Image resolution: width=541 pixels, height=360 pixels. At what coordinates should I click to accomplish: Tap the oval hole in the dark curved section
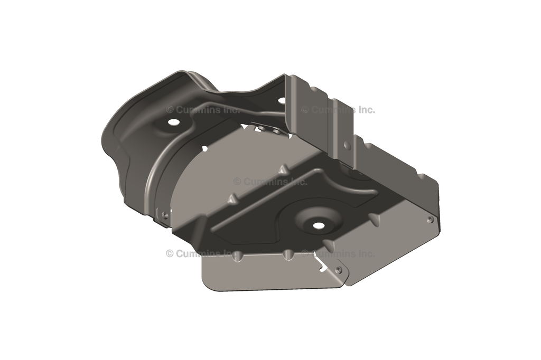pos(172,122)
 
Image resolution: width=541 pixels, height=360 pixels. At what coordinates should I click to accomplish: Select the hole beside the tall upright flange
pos(282,101)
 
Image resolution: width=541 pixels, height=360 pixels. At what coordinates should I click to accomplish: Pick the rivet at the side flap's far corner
pos(430,220)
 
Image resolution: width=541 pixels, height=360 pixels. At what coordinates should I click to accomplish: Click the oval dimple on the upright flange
pos(347,146)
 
